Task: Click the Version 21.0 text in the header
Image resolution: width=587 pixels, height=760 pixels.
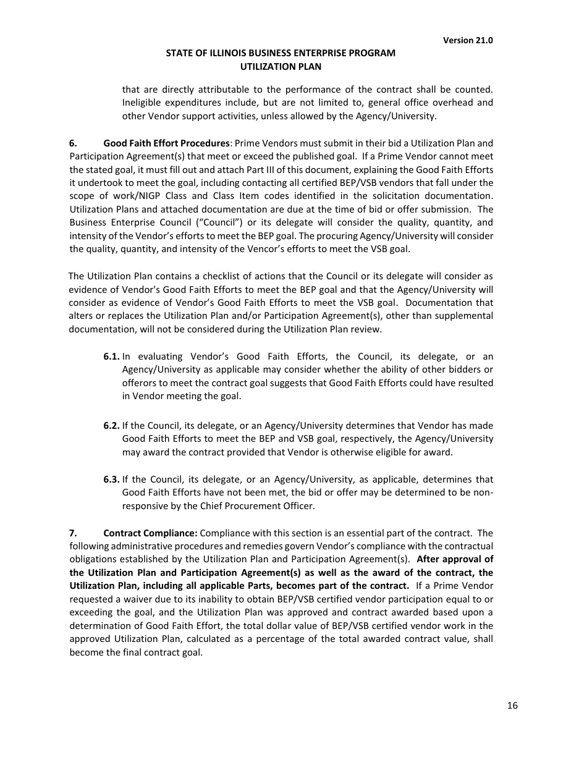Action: click(468, 40)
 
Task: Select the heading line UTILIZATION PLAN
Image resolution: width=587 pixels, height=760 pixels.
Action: click(281, 66)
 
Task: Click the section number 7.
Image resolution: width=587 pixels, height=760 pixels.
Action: click(73, 533)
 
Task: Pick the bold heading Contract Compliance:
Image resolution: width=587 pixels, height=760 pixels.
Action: click(150, 533)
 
